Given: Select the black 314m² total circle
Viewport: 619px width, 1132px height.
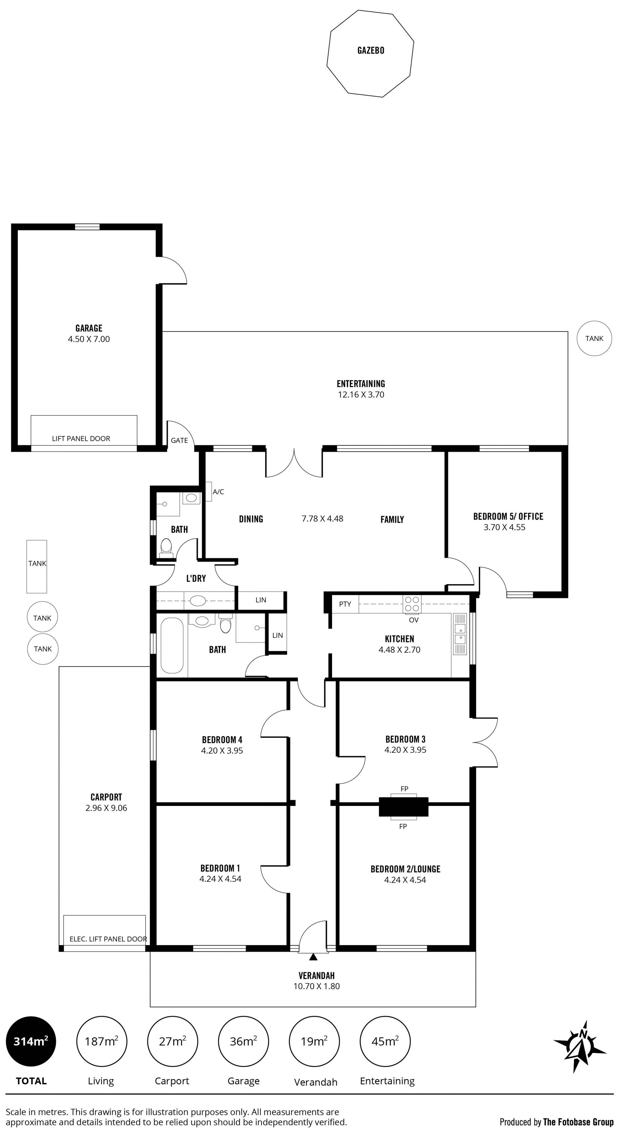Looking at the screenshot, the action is (31, 1041).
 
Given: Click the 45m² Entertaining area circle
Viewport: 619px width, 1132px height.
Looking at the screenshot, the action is (385, 1041).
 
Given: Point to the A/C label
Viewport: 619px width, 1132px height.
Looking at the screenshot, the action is (218, 492).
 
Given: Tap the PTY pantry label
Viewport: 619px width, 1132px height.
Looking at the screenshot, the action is (345, 604).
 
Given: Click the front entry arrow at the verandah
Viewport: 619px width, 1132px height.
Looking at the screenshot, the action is (313, 957).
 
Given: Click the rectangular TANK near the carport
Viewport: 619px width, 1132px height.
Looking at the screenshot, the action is (37, 566).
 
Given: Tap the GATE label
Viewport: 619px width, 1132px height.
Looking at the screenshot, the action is (179, 440).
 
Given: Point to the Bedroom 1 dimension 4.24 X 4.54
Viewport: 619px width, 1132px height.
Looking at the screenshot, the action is (220, 879).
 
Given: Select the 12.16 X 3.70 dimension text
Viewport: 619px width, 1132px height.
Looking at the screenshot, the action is (361, 395).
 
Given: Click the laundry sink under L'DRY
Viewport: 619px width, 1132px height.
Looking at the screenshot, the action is (198, 601).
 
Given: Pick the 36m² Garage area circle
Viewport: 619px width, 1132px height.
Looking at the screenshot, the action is (243, 1041).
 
